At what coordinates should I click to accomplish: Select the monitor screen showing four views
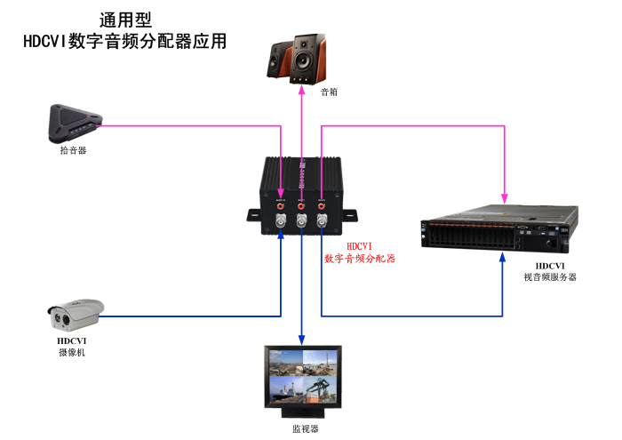coord(302,379)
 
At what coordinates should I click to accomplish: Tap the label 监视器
coord(305,428)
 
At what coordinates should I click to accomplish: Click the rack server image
coord(497,228)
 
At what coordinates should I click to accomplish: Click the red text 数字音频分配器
coord(359,259)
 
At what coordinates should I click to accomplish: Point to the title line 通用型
coord(124,20)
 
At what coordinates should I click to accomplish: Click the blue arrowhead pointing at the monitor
coord(301,340)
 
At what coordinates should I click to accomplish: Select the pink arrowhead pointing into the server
coord(505,196)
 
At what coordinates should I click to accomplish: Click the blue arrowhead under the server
coord(505,255)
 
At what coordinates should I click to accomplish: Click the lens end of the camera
coord(55,315)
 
